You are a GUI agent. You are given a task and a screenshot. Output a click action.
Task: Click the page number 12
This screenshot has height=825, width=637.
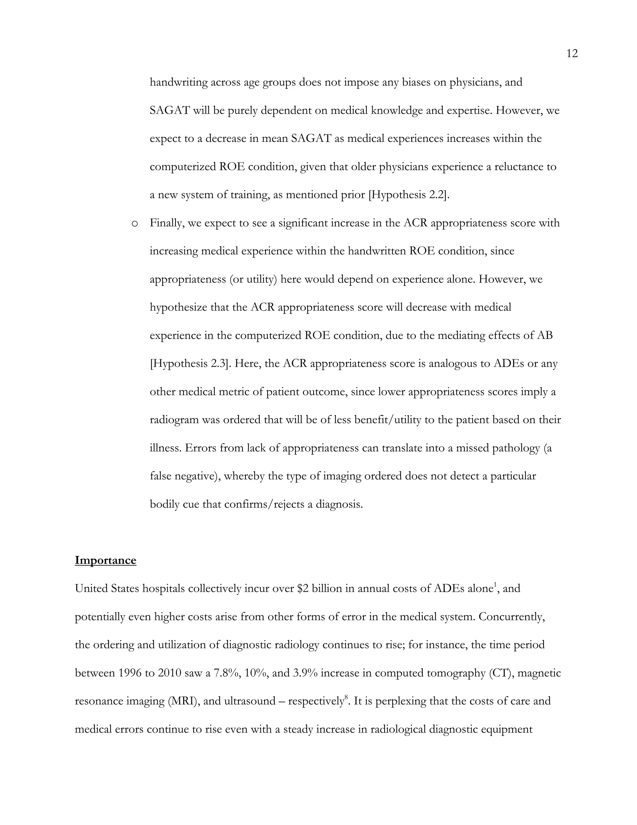point(572,54)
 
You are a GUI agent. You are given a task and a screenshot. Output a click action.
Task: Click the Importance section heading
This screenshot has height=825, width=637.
point(105,560)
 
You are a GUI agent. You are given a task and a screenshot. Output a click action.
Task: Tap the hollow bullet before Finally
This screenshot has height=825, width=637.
point(134,224)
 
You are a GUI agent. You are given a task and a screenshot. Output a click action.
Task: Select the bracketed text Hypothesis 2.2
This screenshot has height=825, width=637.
point(409,195)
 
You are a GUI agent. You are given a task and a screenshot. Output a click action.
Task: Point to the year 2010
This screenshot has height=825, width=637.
point(170,673)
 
